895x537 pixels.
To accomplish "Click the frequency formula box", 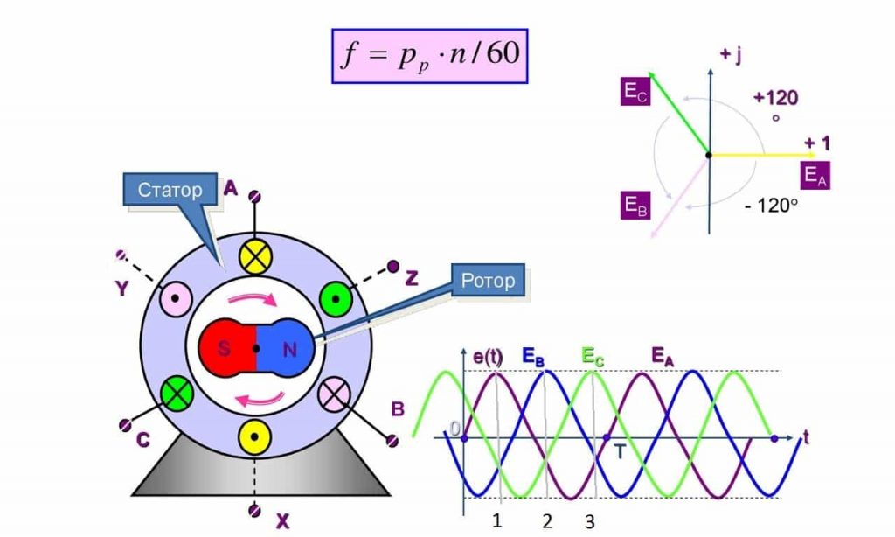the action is click(430, 56).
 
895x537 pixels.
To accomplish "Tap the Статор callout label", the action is click(170, 189).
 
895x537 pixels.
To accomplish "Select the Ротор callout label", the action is click(488, 280).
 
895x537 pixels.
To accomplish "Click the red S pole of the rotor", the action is click(227, 348).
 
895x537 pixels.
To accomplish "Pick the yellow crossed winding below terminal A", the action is click(254, 257).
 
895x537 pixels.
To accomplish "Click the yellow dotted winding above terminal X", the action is click(254, 437).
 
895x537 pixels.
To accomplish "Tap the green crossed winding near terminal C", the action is click(177, 393).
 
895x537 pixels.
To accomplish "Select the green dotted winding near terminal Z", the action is click(336, 299).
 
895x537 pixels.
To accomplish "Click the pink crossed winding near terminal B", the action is click(334, 394).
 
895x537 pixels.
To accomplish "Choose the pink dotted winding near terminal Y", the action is click(176, 299).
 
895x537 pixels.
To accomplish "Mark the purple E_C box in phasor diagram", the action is click(635, 92).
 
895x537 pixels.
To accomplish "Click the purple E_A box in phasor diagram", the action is click(815, 175).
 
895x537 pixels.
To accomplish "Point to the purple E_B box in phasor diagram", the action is click(635, 205).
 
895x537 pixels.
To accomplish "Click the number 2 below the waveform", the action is click(547, 521).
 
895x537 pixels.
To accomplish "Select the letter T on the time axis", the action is click(620, 452).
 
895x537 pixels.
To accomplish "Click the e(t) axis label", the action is click(488, 357).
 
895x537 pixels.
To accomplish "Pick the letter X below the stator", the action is click(282, 521).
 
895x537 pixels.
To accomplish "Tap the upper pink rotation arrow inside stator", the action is click(253, 299).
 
